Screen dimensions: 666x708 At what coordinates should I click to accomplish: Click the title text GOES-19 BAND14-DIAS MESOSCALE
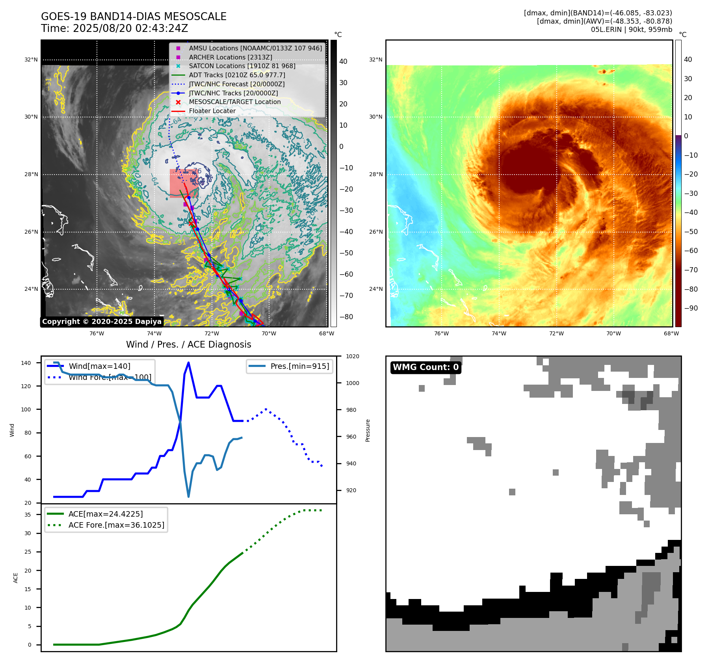(x=134, y=17)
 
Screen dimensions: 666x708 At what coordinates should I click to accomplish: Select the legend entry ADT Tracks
(x=236, y=75)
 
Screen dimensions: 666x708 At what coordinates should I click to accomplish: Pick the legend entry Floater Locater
(x=212, y=111)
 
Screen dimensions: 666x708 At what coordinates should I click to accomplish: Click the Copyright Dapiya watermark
(x=102, y=322)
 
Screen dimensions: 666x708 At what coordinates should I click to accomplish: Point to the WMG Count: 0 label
(x=426, y=367)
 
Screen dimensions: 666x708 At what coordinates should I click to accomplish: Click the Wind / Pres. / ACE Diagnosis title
(x=188, y=344)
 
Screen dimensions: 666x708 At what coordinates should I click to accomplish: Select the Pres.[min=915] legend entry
(x=299, y=366)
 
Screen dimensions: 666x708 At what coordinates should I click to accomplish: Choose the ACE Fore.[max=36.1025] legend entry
(x=116, y=525)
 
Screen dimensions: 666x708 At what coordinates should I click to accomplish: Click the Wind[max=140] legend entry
(x=99, y=366)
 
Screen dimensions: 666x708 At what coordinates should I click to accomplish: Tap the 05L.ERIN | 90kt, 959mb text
(x=631, y=30)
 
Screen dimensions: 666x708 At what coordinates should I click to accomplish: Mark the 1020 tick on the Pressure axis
(x=352, y=356)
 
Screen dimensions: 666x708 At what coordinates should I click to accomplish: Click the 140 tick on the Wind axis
(x=26, y=363)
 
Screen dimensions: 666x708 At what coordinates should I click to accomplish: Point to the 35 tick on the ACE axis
(x=28, y=515)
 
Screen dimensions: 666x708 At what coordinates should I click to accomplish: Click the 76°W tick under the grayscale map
(x=97, y=333)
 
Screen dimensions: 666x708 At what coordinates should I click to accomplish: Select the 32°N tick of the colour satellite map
(x=375, y=60)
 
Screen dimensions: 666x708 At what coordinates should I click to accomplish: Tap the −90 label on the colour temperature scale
(x=691, y=308)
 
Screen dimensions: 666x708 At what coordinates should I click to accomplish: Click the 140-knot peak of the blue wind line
(x=188, y=363)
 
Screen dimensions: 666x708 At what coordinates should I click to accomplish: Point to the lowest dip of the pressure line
(x=188, y=497)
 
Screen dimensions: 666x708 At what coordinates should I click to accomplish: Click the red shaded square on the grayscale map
(x=183, y=183)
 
